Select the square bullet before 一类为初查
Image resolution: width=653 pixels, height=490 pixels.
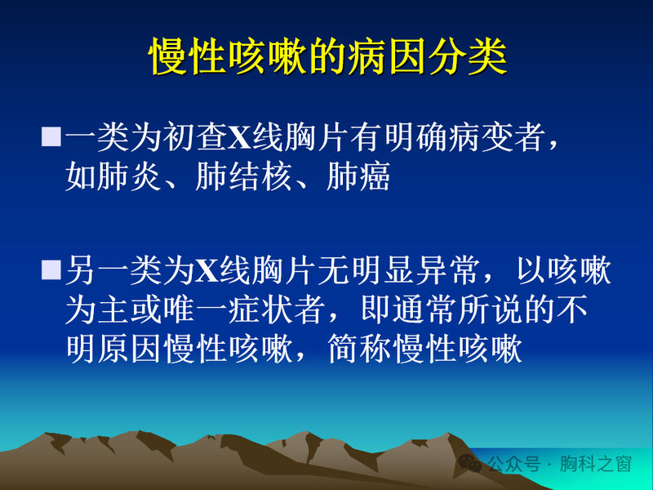[x=51, y=136]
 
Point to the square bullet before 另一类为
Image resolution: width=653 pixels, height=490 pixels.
[x=51, y=270]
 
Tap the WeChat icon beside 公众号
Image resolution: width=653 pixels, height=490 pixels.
[x=471, y=463]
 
